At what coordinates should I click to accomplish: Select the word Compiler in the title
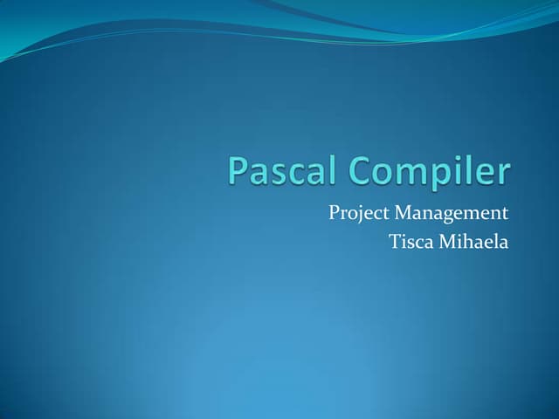coord(431,172)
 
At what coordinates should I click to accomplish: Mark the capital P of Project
coord(334,212)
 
